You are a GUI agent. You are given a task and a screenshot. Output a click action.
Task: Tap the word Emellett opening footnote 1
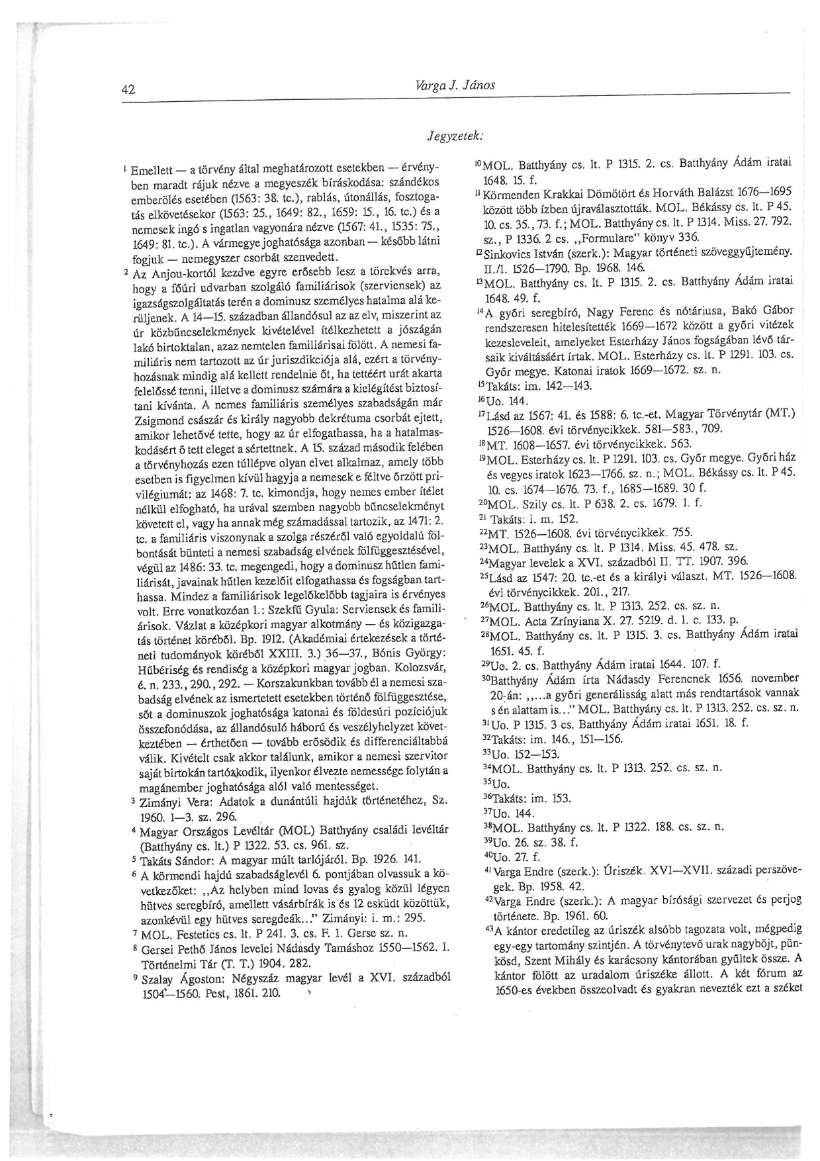click(153, 170)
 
